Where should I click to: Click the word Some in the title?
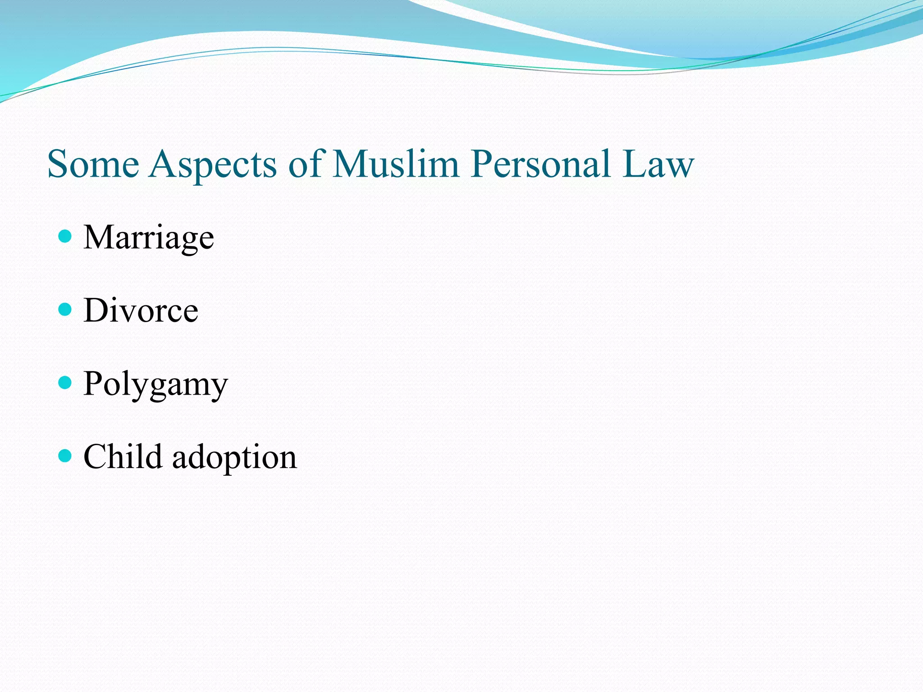93,164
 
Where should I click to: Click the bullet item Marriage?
149,238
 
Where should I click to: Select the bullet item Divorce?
141,310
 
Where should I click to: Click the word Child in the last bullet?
123,457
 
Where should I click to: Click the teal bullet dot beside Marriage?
65,236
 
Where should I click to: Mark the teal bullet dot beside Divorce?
65,309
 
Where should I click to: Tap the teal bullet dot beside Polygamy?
65,382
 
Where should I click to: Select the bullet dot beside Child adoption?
65,455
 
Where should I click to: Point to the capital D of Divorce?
96,310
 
